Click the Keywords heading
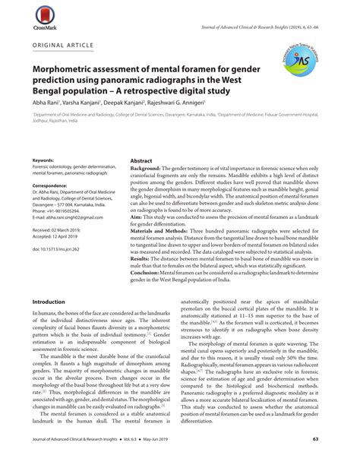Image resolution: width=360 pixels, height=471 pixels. [x=43, y=162]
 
